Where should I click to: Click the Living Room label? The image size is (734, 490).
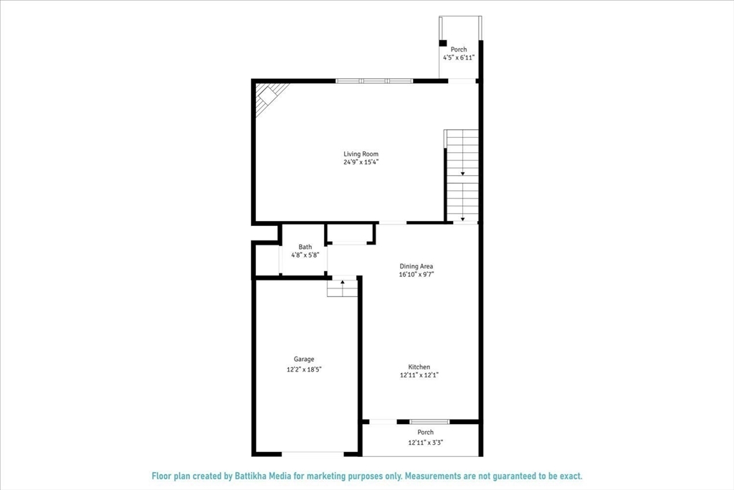[x=361, y=154]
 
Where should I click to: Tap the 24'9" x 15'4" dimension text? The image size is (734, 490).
[x=361, y=162]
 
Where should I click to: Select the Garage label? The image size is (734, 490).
[x=304, y=359]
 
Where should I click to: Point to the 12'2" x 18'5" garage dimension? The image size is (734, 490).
[x=304, y=369]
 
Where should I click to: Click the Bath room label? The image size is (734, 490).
[x=305, y=247]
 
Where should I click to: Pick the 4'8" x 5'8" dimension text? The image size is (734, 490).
[x=305, y=255]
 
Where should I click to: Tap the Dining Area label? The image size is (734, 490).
[x=416, y=266]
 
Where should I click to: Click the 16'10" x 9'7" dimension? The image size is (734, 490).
[x=416, y=275]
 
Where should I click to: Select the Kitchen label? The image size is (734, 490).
[x=419, y=367]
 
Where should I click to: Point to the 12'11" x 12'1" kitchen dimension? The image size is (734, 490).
[x=419, y=375]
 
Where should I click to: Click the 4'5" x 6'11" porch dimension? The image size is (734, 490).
[x=459, y=57]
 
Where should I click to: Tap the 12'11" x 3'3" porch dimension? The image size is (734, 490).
[x=426, y=443]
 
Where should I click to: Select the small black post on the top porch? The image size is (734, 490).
[x=443, y=42]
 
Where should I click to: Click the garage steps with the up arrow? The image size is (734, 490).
[x=342, y=287]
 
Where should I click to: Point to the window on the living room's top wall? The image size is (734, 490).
[x=374, y=81]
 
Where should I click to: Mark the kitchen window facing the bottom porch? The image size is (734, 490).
[x=429, y=421]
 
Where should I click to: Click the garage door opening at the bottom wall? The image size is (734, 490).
[x=313, y=453]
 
